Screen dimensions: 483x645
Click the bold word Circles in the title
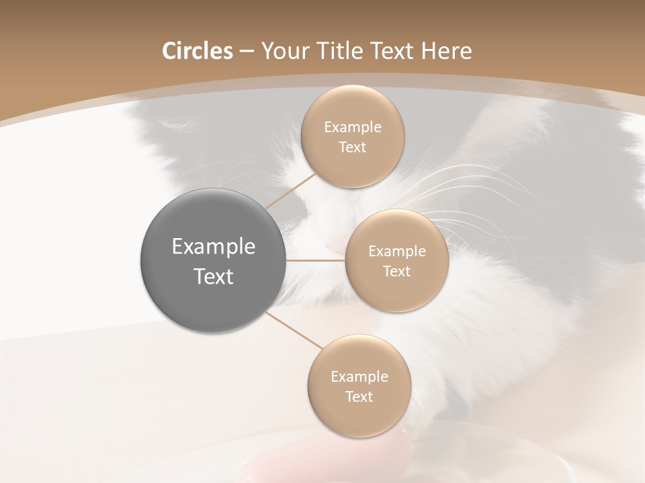tap(198, 51)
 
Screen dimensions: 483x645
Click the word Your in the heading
tap(284, 51)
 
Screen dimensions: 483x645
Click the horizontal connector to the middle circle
tap(316, 260)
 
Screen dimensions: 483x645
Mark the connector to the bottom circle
tap(294, 330)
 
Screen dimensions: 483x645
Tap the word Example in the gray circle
tap(214, 247)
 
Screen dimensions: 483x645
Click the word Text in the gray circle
tap(214, 276)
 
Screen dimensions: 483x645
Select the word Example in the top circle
tap(352, 127)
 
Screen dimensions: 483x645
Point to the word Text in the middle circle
tap(397, 271)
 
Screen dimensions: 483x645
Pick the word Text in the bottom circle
tap(359, 396)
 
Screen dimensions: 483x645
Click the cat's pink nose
tap(334, 249)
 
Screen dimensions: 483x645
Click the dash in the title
tap(247, 51)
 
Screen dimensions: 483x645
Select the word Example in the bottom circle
tap(359, 377)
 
